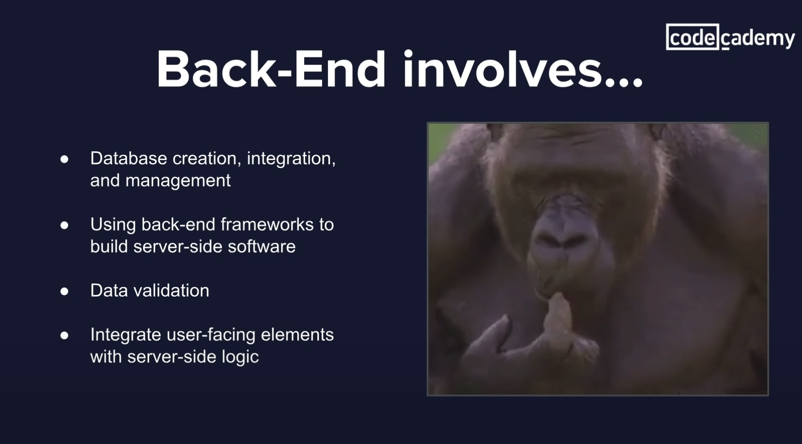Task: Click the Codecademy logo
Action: [x=730, y=37]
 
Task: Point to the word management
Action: [x=178, y=181]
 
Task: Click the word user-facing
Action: [x=211, y=335]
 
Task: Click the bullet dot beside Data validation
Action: [x=65, y=291]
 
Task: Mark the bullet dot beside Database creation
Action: [x=65, y=159]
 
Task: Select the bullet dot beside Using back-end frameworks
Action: [x=65, y=225]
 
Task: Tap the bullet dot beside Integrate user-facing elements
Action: [x=65, y=336]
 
